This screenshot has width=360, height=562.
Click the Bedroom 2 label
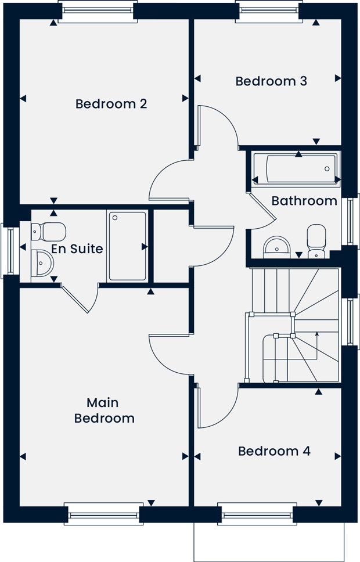tap(111, 104)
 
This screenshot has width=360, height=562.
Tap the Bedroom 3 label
tap(271, 81)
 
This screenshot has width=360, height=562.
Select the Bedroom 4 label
tap(274, 451)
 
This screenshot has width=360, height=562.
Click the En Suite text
tap(77, 249)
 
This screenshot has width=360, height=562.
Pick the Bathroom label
tap(304, 201)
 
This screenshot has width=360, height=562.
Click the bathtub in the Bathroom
tap(295, 169)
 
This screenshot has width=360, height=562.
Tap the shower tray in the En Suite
tap(127, 246)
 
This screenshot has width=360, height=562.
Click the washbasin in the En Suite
tap(42, 263)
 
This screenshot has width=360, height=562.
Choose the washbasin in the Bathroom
tap(276, 247)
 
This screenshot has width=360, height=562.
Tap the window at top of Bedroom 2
tap(98, 11)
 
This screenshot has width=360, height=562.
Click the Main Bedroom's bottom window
tap(105, 514)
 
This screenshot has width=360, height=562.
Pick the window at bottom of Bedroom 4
tap(257, 514)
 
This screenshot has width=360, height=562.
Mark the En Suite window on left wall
tap(10, 249)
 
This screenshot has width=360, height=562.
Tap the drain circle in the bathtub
tap(327, 169)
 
